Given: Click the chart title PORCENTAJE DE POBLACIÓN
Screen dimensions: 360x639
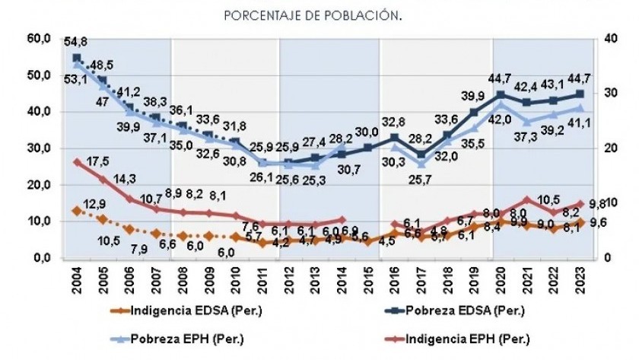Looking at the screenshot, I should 313,15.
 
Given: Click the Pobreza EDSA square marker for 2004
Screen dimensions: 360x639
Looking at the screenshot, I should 77,58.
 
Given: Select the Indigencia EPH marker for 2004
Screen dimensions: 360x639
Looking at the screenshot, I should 77,162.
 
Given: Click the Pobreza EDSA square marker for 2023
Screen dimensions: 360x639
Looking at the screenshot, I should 580,94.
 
